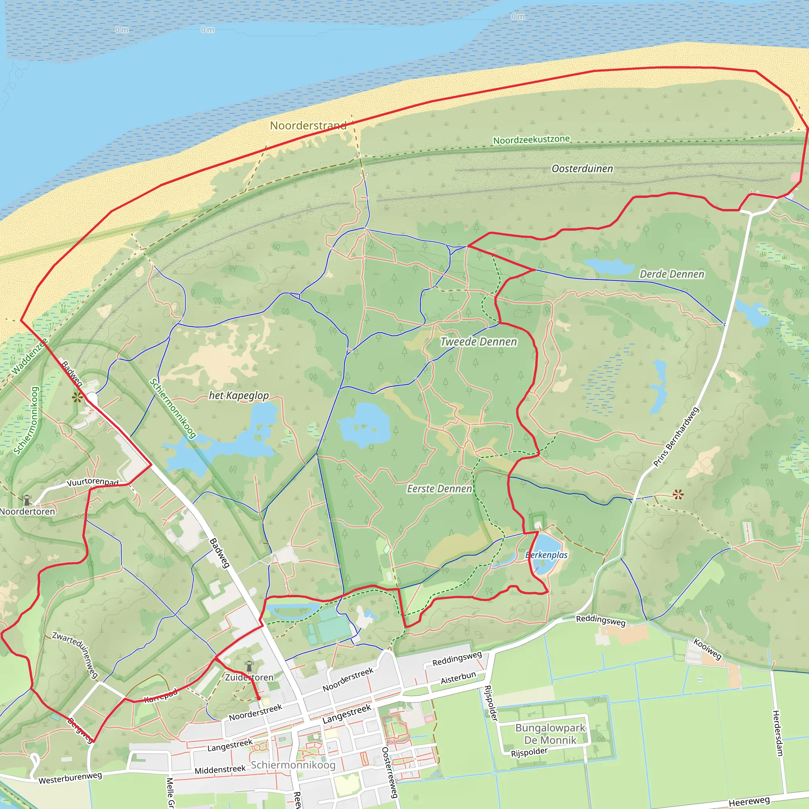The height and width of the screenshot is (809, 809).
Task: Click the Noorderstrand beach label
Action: pyautogui.click(x=308, y=125)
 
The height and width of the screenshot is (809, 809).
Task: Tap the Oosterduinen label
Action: pyautogui.click(x=582, y=169)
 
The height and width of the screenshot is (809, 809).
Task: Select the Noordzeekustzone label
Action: pyautogui.click(x=531, y=139)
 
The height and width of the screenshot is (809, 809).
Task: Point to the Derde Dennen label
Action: pyautogui.click(x=672, y=274)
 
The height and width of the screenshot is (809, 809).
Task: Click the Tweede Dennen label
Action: pyautogui.click(x=478, y=342)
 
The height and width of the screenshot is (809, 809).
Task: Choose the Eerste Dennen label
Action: pyautogui.click(x=439, y=489)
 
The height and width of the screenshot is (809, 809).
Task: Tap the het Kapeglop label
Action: pyautogui.click(x=239, y=395)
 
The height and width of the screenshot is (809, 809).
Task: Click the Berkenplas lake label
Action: pyautogui.click(x=546, y=555)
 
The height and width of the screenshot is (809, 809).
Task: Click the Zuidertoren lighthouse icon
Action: pyautogui.click(x=249, y=665)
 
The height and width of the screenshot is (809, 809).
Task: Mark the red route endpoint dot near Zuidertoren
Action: pyautogui.click(x=259, y=698)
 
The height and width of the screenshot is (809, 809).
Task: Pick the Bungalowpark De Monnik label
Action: pyautogui.click(x=550, y=734)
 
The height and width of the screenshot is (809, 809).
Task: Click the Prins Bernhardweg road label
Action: pyautogui.click(x=676, y=437)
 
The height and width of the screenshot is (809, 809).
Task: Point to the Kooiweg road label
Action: pyautogui.click(x=707, y=649)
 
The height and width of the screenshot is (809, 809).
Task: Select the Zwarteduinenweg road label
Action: pyautogui.click(x=75, y=655)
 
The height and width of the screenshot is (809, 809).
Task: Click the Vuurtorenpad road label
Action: pyautogui.click(x=92, y=482)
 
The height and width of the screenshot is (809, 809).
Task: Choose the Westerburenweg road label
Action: pyautogui.click(x=70, y=777)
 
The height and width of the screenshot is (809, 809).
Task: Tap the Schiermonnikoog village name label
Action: pyautogui.click(x=293, y=765)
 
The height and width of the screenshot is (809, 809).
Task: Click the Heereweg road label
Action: pyautogui.click(x=749, y=801)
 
